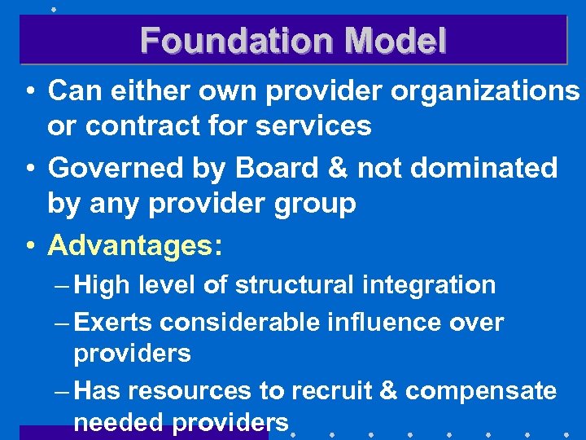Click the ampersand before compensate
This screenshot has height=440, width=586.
[x=389, y=391]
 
